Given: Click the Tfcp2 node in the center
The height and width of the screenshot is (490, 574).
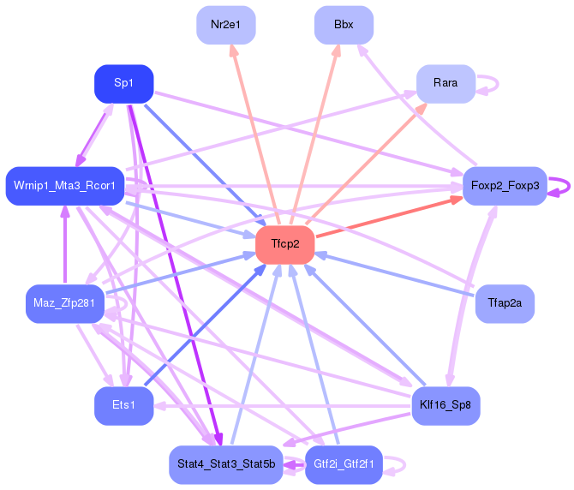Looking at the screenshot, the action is (x=284, y=244).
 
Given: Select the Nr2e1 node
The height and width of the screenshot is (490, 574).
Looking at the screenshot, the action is (x=226, y=25).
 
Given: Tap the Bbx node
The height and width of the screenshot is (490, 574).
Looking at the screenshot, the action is (x=344, y=25).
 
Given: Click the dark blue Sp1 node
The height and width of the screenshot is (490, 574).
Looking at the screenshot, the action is (x=123, y=84).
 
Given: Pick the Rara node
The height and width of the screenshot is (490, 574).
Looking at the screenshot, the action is (x=445, y=84).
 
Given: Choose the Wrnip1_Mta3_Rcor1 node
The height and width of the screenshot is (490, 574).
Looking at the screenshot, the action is (x=65, y=186).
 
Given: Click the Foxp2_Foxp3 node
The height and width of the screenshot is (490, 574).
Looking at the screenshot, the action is (x=505, y=186).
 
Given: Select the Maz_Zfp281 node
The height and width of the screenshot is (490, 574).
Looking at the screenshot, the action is (x=65, y=304).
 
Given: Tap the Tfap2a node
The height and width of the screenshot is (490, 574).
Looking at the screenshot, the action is (x=505, y=304).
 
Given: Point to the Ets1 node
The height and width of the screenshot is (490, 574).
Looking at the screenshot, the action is (x=123, y=406).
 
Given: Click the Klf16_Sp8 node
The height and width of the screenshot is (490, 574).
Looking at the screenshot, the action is (x=445, y=406).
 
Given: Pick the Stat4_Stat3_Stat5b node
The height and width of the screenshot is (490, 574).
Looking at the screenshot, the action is (x=226, y=465).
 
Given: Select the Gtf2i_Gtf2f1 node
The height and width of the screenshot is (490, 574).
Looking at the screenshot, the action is (x=344, y=465).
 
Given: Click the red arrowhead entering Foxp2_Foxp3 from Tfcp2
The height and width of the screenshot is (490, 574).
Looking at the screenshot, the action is (x=457, y=200).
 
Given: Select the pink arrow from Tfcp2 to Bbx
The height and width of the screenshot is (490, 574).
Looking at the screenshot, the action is (x=314, y=134).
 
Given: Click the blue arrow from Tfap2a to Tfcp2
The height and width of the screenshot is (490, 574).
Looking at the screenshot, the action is (x=394, y=274).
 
